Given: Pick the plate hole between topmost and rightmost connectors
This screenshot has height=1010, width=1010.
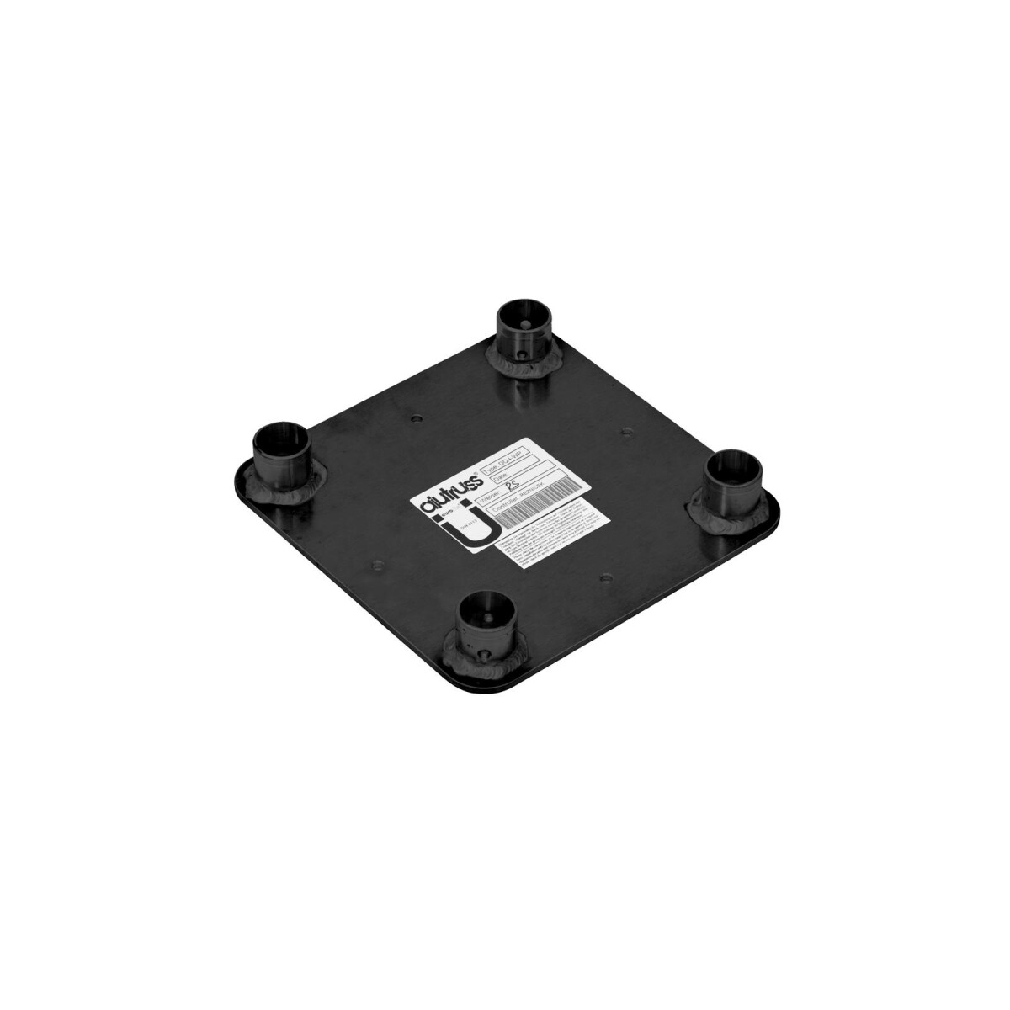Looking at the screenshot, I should click(625, 433).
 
